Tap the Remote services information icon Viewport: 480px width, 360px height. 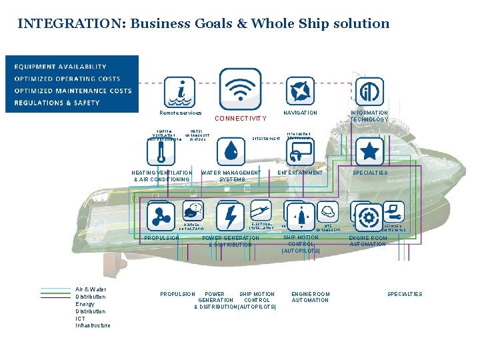coord(179,91)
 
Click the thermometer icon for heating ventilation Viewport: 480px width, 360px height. coord(161,151)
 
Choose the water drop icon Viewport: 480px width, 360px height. coord(231,151)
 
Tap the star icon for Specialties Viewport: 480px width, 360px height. coord(369,151)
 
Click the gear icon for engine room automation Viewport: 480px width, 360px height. coord(369,217)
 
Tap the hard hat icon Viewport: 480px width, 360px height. coord(327,212)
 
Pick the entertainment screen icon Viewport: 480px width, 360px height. coord(300,151)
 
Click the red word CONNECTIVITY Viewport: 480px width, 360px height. coord(241,119)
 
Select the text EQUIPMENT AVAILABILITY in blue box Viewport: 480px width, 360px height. coord(61,67)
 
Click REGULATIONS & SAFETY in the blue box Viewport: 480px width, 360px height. coord(57,103)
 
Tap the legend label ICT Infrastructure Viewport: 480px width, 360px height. coord(93,322)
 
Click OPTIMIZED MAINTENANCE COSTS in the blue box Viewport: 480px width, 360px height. coord(73,91)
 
